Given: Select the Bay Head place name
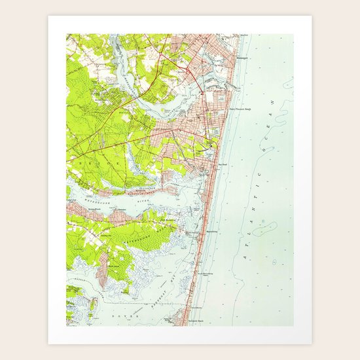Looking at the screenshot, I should click(222, 166).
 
